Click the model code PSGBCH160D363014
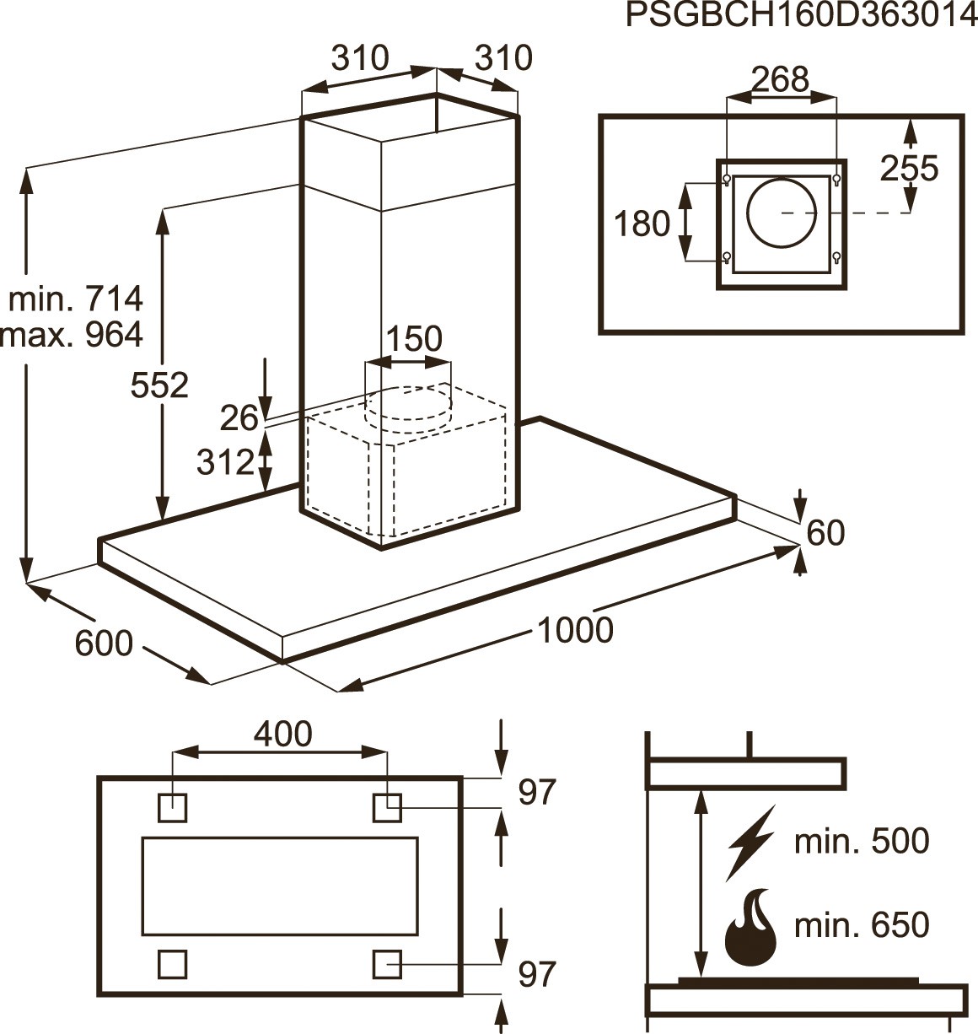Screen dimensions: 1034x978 801,15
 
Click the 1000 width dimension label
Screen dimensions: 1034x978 575,629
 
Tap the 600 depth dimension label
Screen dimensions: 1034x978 104,644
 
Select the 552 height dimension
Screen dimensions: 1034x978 159,385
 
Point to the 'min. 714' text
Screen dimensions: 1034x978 76,299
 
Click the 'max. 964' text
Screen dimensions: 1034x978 73,335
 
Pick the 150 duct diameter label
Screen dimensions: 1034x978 413,338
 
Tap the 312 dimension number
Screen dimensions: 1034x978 224,461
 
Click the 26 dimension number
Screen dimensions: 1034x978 238,417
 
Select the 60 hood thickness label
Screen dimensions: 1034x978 825,533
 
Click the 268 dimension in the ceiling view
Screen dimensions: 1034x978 780,79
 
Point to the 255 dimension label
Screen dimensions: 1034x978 909,169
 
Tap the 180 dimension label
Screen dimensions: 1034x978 642,224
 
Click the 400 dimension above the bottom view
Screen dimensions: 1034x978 282,734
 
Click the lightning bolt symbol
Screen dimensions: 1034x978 750,843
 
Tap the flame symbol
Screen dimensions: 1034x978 750,930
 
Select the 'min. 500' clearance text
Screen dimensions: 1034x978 862,841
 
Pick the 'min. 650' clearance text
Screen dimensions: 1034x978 862,925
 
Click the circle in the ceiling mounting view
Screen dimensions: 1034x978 782,213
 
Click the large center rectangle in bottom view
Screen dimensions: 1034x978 280,886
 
